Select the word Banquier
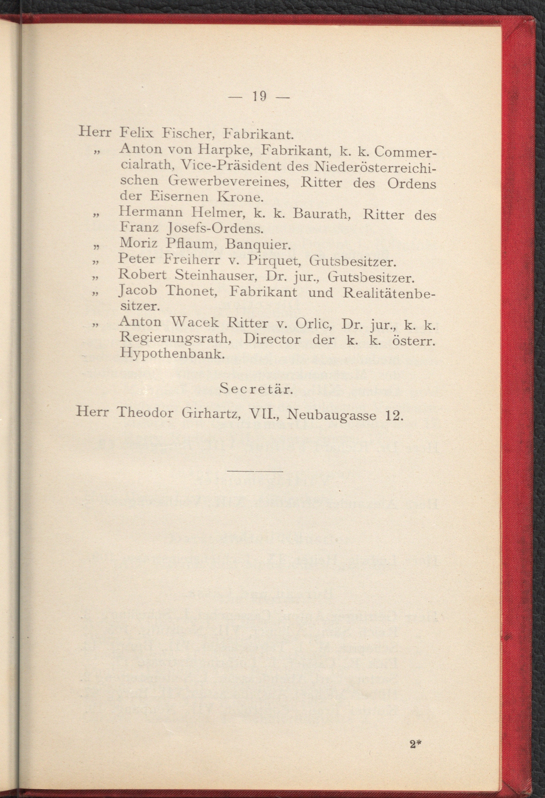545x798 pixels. click(257, 245)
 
